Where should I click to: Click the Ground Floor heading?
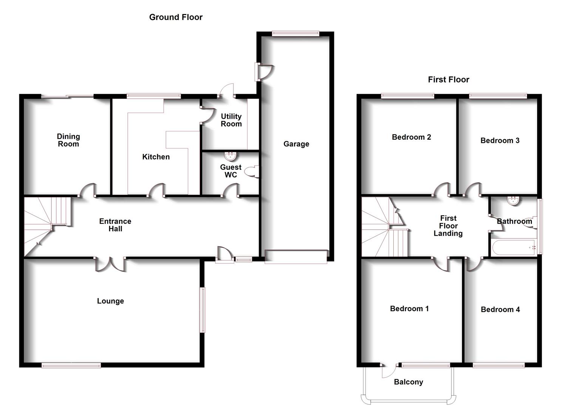[x=176, y=17]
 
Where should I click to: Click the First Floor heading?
[x=448, y=80]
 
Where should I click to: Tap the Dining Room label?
[x=68, y=140]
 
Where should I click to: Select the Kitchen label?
[x=156, y=157]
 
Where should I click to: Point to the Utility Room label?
[x=231, y=120]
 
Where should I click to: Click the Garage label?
[x=296, y=144]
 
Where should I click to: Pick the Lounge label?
[x=110, y=301]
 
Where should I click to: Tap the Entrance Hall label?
[x=115, y=225]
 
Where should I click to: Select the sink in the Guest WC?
[x=230, y=156]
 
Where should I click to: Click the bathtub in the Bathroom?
[x=514, y=247]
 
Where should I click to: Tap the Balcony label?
[x=408, y=382]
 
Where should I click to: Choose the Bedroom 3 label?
[x=500, y=141]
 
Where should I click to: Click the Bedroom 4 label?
[x=500, y=309]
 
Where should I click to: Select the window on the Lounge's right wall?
[x=202, y=310]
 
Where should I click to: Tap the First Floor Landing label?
[x=448, y=226]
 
